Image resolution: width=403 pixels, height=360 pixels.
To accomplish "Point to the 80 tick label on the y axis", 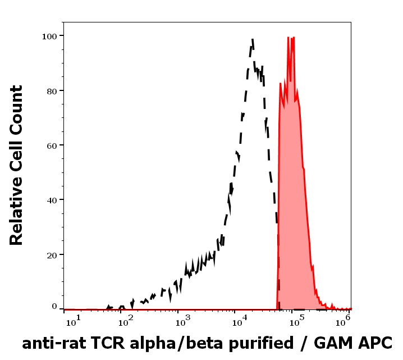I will tap(51, 90).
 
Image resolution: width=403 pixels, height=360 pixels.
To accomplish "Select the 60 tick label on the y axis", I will tap(51, 145).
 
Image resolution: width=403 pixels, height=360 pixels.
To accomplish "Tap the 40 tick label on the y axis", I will tap(51, 200).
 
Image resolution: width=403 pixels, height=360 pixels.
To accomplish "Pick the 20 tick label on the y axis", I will tap(51, 255).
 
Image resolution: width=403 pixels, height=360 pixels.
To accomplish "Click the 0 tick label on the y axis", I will tap(54, 307).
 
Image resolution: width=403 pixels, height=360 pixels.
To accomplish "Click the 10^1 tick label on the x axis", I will tap(74, 321).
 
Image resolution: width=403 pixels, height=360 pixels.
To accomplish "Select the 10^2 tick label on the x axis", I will tap(127, 321).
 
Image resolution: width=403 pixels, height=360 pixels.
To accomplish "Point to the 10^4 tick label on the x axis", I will tap(240, 321).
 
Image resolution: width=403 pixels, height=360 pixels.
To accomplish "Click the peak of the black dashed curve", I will tap(253, 39).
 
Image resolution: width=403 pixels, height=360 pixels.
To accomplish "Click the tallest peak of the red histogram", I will tap(288, 38).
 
